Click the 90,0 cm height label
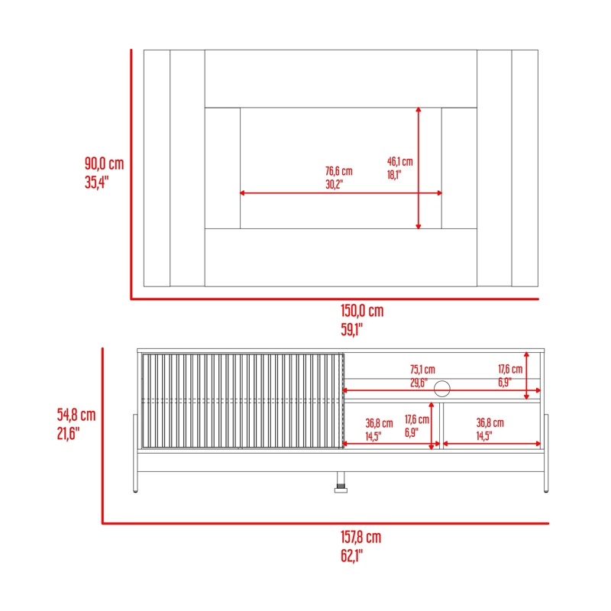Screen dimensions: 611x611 click(x=104, y=163)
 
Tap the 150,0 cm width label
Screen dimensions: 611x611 click(x=362, y=311)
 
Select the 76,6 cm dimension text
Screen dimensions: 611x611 click(x=338, y=171)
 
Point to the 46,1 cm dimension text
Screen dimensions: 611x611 click(x=399, y=161)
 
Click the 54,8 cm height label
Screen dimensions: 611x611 click(x=76, y=415)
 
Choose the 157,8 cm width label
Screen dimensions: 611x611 click(x=360, y=537)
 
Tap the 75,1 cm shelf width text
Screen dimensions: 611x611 click(x=422, y=370)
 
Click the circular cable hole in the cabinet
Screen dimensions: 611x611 click(x=442, y=388)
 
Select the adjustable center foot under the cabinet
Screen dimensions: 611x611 click(x=341, y=483)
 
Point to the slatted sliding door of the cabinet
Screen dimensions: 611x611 click(x=242, y=401)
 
